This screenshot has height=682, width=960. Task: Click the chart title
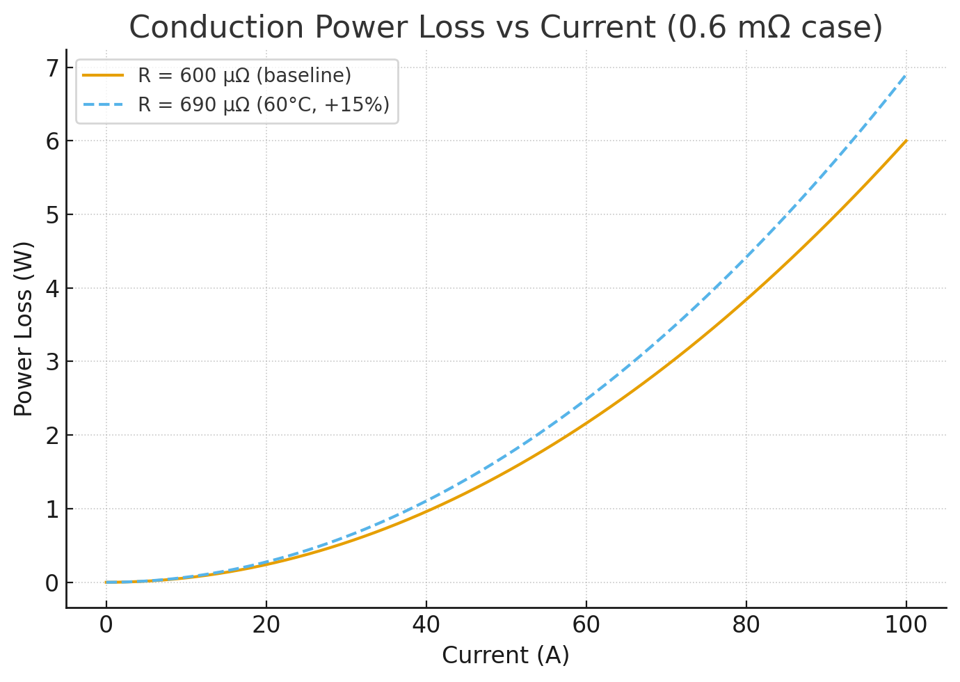[506, 28]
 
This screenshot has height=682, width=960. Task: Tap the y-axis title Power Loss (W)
[24, 328]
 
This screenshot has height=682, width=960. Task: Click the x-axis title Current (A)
[506, 655]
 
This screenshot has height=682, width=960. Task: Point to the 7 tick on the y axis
[52, 68]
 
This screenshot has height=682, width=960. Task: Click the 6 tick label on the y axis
[52, 141]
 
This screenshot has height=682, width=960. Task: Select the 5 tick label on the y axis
[52, 215]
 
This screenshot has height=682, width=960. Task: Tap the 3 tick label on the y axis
[52, 362]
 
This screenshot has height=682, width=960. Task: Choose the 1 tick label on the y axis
[52, 509]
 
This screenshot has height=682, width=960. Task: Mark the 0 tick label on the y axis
[52, 583]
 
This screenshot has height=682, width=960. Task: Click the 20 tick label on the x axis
[266, 625]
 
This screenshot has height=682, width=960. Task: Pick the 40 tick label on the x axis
[426, 625]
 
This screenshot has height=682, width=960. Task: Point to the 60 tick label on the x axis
[586, 625]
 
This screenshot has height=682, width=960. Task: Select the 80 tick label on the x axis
[746, 625]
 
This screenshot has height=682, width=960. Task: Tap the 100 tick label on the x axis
[906, 625]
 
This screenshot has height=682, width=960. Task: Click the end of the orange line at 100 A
[906, 141]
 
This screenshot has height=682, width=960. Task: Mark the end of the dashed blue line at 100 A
[906, 74]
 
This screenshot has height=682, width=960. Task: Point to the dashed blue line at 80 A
[746, 257]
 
